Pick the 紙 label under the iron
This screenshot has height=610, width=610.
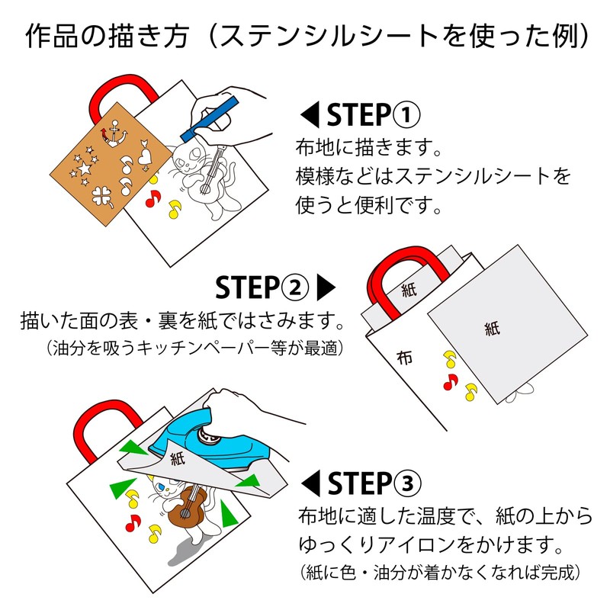[178, 458]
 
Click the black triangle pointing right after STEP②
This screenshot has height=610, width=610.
[326, 287]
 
